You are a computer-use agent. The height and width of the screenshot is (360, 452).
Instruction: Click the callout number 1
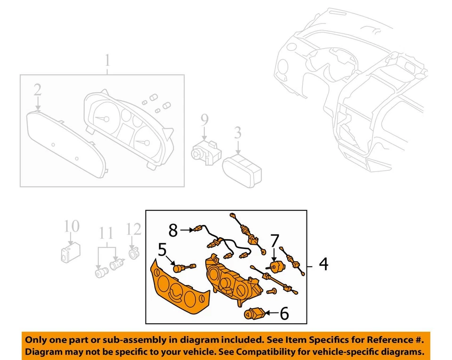(x=107, y=61)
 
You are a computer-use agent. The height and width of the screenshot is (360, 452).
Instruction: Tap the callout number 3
(x=238, y=133)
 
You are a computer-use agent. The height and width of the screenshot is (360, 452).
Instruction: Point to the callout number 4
(x=323, y=264)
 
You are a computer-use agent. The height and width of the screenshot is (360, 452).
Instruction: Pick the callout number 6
(x=284, y=313)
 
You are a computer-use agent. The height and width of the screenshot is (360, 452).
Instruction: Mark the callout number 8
(x=173, y=230)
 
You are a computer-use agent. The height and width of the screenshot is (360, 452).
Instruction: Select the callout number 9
(x=204, y=121)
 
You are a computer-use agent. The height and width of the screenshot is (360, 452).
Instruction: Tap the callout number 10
(x=72, y=226)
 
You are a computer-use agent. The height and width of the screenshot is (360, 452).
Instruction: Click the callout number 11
(x=106, y=233)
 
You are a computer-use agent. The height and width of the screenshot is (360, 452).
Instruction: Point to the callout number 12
(x=134, y=229)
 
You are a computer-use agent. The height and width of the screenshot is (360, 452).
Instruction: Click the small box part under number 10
(x=70, y=253)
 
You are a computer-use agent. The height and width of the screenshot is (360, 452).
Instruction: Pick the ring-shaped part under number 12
(x=134, y=254)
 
